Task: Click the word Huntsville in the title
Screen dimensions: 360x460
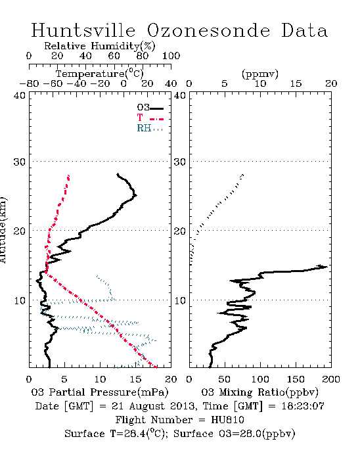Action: point(83,30)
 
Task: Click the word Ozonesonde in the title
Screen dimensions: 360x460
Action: point(208,30)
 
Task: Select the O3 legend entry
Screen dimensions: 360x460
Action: point(150,108)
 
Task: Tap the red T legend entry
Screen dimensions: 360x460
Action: point(150,118)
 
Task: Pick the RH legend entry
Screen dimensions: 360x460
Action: point(150,128)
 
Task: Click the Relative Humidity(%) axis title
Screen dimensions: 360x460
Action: point(100,46)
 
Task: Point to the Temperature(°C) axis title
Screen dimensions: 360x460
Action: point(100,74)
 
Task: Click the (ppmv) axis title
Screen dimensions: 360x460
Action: point(260,74)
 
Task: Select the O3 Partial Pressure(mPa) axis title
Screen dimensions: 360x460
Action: point(100,392)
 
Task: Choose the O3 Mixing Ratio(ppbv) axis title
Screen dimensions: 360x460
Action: point(259,392)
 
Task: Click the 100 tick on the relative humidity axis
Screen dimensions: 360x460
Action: point(171,56)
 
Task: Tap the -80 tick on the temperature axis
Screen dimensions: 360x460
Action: point(29,83)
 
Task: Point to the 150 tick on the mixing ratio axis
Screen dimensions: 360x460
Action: point(296,379)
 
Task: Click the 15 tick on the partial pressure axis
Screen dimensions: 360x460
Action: point(135,379)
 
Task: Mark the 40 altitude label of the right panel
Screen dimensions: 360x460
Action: point(180,96)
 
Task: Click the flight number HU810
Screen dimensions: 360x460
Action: point(227,420)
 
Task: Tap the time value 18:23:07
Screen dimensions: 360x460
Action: point(303,406)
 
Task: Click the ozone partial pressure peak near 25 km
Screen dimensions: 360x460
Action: point(136,195)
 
